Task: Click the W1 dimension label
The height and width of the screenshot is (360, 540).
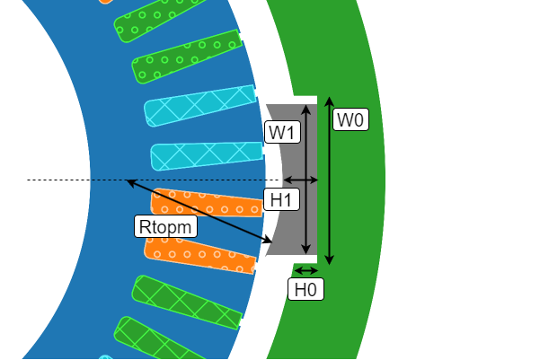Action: click(283, 133)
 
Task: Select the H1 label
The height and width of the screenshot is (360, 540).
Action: click(282, 200)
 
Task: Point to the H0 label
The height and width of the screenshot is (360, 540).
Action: click(305, 289)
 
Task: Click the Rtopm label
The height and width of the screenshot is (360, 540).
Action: click(166, 226)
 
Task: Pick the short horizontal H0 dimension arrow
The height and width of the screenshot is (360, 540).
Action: click(306, 270)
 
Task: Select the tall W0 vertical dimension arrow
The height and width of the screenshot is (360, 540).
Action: click(329, 180)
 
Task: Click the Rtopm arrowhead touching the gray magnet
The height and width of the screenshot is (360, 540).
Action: click(270, 241)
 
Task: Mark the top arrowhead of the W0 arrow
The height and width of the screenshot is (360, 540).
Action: click(329, 99)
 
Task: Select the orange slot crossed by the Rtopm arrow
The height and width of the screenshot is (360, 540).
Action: click(207, 203)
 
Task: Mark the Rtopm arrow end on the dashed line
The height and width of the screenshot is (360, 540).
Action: click(128, 181)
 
